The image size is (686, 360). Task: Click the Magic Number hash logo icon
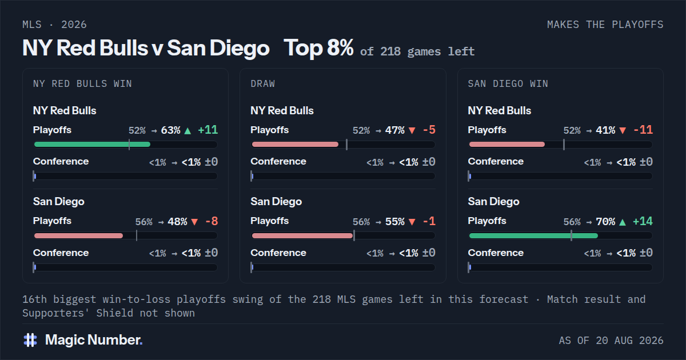pyautogui.click(x=30, y=340)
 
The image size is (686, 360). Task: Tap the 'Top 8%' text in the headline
pyautogui.click(x=318, y=48)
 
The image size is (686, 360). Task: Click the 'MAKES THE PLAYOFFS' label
pyautogui.click(x=605, y=25)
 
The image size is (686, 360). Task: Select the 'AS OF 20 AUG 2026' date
pyautogui.click(x=611, y=341)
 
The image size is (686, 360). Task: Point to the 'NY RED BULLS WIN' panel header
pyautogui.click(x=82, y=83)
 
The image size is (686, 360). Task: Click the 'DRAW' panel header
pyautogui.click(x=263, y=83)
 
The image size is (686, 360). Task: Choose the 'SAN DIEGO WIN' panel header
pyautogui.click(x=508, y=83)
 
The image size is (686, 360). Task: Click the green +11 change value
pyautogui.click(x=208, y=130)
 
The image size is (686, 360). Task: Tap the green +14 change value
pyautogui.click(x=643, y=221)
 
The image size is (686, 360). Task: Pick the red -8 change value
pyautogui.click(x=212, y=221)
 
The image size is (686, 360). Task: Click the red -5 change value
pyautogui.click(x=429, y=130)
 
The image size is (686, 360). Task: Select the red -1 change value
pyautogui.click(x=429, y=221)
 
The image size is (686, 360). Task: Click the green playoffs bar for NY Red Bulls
pyautogui.click(x=92, y=144)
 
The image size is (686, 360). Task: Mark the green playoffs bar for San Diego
pyautogui.click(x=533, y=235)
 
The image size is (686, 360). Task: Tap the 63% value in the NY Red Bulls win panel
pyautogui.click(x=170, y=130)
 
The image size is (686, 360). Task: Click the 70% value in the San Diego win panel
pyautogui.click(x=605, y=221)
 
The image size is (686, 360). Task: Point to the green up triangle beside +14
pyautogui.click(x=623, y=222)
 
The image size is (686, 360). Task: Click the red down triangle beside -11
pyautogui.click(x=623, y=131)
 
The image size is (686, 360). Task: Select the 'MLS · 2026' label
pyautogui.click(x=54, y=25)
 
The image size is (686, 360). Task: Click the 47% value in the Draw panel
pyautogui.click(x=395, y=130)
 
